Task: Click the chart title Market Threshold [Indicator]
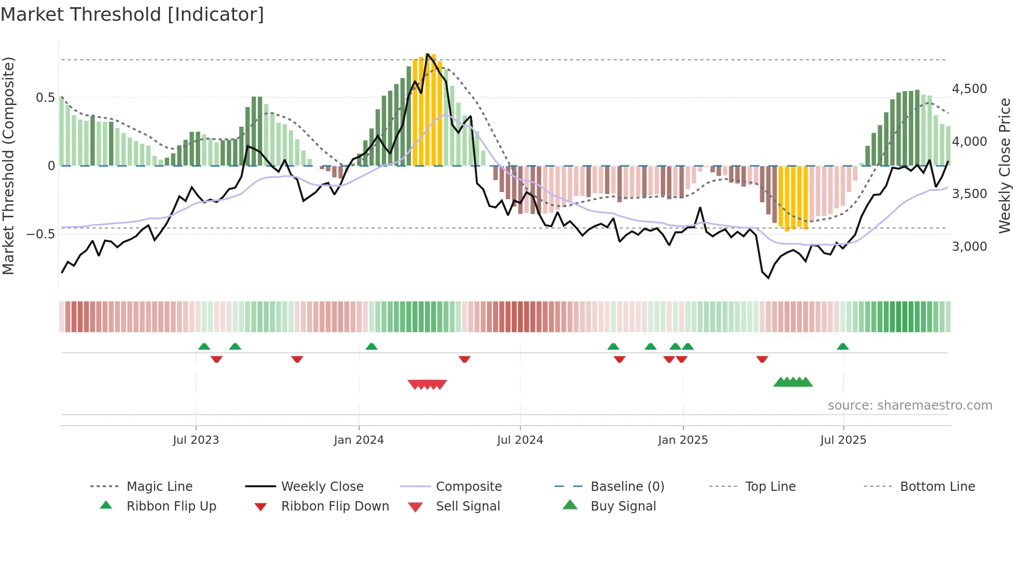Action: click(132, 14)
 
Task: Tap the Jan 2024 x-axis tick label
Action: click(359, 440)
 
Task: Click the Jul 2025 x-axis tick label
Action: click(843, 440)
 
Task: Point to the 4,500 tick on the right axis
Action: click(969, 89)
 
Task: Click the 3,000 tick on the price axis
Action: click(969, 247)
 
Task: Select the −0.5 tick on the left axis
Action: click(41, 234)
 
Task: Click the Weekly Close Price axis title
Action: click(1004, 166)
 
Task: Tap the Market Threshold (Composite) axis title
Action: click(8, 166)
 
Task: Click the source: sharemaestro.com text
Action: click(910, 406)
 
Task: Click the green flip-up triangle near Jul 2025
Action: click(842, 347)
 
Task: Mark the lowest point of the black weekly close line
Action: click(769, 278)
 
